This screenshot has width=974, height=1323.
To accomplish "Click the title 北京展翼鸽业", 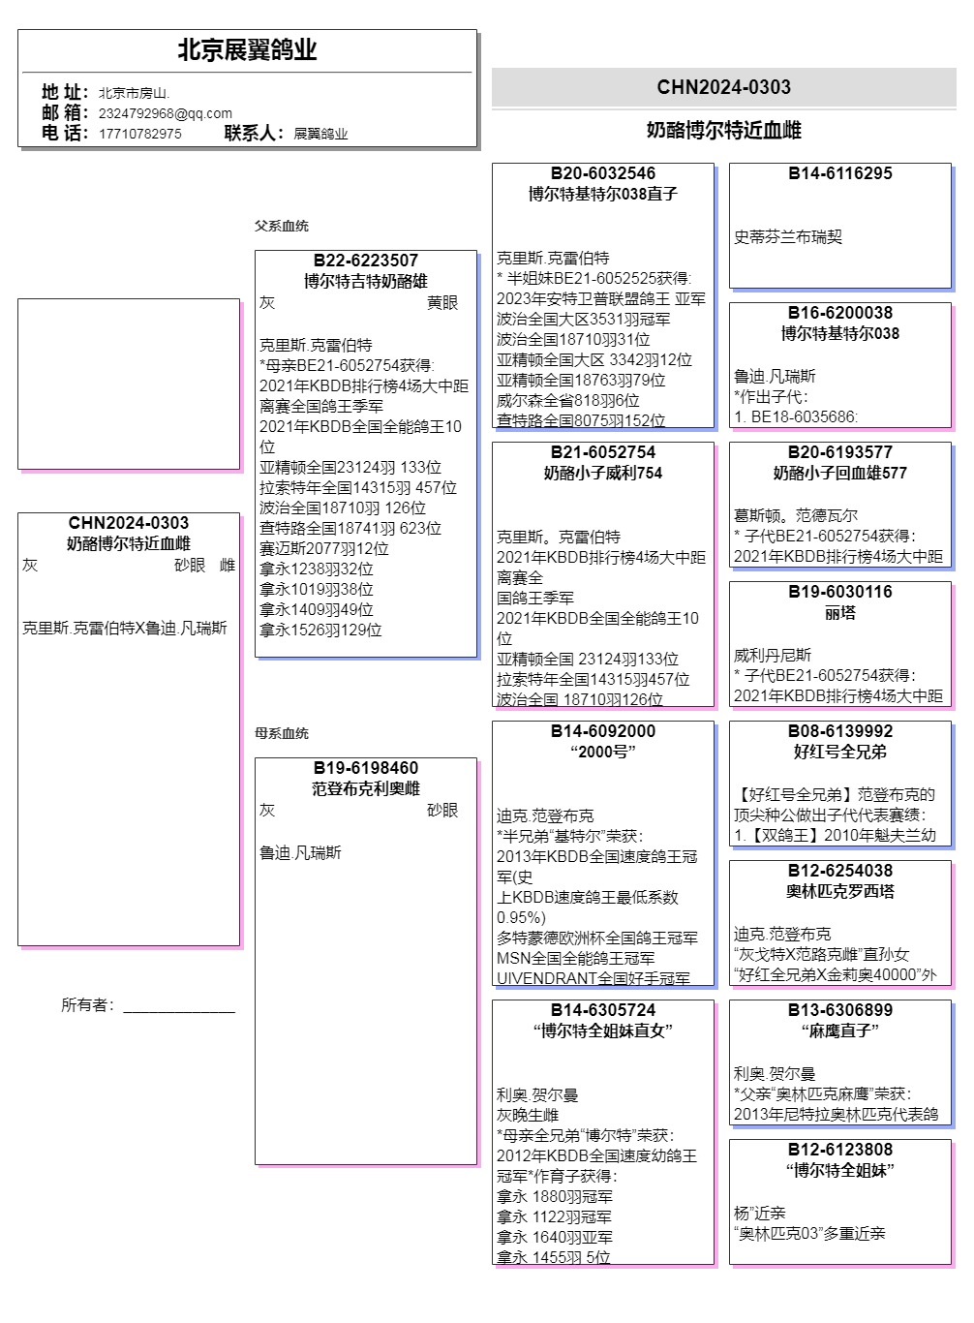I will pyautogui.click(x=247, y=50).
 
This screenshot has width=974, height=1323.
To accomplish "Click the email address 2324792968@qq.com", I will pyautogui.click(x=165, y=113).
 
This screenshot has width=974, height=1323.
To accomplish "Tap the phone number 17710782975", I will pyautogui.click(x=139, y=134).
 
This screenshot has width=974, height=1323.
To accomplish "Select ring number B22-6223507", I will pyautogui.click(x=365, y=261).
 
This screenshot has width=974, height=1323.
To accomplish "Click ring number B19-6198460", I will pyautogui.click(x=365, y=768).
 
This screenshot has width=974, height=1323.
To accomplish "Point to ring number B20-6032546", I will pyautogui.click(x=602, y=173).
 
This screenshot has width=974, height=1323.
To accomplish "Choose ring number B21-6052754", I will pyautogui.click(x=602, y=452).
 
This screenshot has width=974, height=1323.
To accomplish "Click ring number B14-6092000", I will pyautogui.click(x=602, y=731).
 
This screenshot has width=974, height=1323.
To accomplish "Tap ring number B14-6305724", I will pyautogui.click(x=602, y=1010).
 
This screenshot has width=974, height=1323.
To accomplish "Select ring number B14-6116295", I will pyautogui.click(x=839, y=173).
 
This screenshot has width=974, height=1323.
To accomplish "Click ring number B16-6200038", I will pyautogui.click(x=839, y=313).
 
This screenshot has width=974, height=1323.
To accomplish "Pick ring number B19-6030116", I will pyautogui.click(x=839, y=592).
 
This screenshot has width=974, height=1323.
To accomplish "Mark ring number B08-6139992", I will pyautogui.click(x=839, y=731).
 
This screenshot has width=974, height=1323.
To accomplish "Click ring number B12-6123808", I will pyautogui.click(x=839, y=1150).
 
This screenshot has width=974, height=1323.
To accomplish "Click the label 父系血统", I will pyautogui.click(x=281, y=226).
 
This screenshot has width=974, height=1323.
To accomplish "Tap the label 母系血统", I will pyautogui.click(x=281, y=733).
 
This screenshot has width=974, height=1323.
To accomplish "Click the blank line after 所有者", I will pyautogui.click(x=178, y=1007).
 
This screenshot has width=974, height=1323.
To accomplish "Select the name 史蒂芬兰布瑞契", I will pyautogui.click(x=787, y=237).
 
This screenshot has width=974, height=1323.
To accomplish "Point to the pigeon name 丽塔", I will pyautogui.click(x=839, y=613).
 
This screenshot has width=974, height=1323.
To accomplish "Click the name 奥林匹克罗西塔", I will pyautogui.click(x=839, y=891).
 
